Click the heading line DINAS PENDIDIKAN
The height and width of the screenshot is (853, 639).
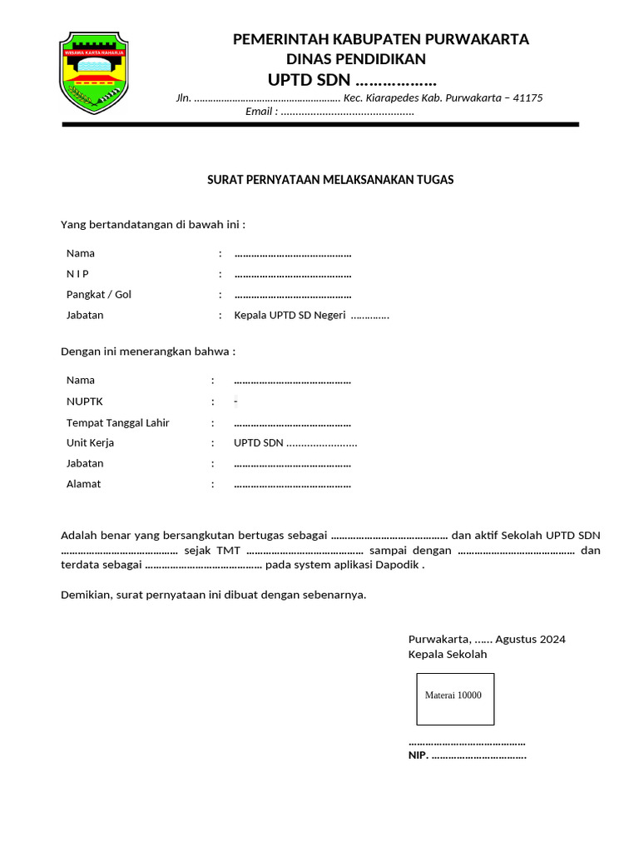(355, 59)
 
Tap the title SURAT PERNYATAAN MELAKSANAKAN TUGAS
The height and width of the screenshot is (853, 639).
(329, 180)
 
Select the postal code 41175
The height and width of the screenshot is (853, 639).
(528, 98)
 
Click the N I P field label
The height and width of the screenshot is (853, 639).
(78, 274)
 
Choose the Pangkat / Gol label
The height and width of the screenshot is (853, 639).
(99, 295)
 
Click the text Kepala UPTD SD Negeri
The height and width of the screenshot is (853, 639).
(290, 316)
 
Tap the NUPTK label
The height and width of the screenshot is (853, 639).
(84, 402)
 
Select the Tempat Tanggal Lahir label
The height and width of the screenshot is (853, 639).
(117, 423)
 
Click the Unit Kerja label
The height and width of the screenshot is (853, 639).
(90, 443)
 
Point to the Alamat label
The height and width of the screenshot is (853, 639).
(83, 484)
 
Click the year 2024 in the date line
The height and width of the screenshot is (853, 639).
(552, 640)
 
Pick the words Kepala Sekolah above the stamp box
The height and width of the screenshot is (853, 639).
(448, 655)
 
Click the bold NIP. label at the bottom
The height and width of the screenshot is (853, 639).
(417, 756)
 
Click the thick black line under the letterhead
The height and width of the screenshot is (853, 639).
(320, 124)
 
